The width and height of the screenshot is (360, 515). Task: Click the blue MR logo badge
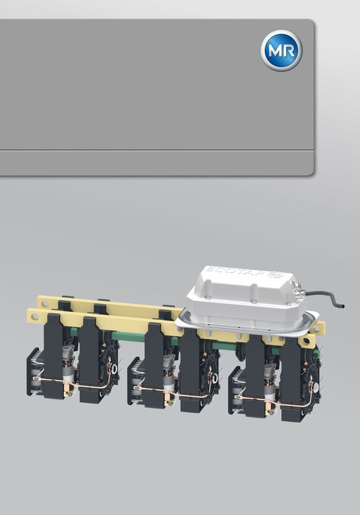point(281,50)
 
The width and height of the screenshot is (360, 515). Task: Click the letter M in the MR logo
point(275,51)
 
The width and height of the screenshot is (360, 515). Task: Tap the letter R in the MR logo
point(290,51)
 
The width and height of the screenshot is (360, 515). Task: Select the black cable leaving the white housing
point(323,297)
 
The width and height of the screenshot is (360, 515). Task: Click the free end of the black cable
point(342,306)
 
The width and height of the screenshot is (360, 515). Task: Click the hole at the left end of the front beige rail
point(33,317)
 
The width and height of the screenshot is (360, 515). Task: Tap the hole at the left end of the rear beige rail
point(43,302)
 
